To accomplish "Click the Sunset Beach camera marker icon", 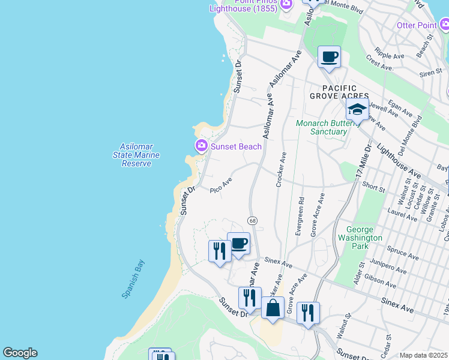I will pos(201,146).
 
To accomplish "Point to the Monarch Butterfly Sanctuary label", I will pos(321,128).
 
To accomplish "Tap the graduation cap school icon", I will pos(357,110).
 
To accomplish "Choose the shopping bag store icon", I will pos(273,308).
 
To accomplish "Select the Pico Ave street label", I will pos(221,185).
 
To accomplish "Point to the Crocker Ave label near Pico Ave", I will pos(280,169).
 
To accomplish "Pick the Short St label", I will pos(374,188).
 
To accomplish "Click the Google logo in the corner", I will pos(20,353).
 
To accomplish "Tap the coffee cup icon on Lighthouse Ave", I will pos(329,57).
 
